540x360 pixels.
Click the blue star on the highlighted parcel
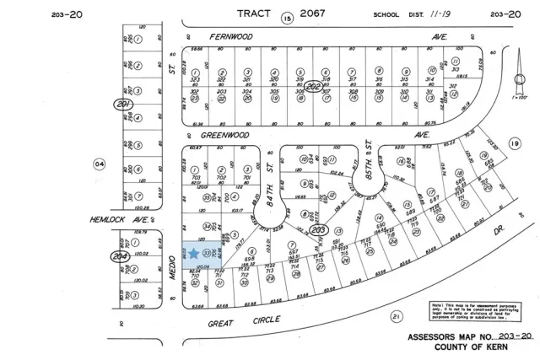(x=194, y=253)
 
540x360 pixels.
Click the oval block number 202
(x=318, y=88)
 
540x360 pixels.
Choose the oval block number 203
(x=318, y=228)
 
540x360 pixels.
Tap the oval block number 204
(x=120, y=255)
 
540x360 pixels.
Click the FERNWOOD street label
(x=231, y=38)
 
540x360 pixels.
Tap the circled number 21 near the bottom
(x=396, y=316)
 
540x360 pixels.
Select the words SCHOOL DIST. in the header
(x=393, y=15)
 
